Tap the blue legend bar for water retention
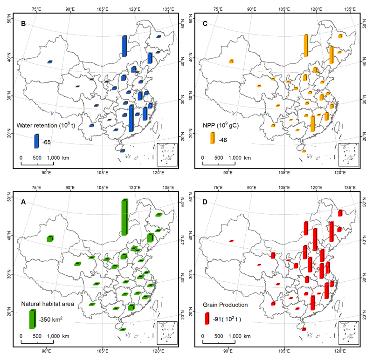(x=36, y=141)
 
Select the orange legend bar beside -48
(x=212, y=138)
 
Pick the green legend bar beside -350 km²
(x=32, y=319)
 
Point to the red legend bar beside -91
(x=207, y=319)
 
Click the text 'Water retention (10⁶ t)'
(x=43, y=125)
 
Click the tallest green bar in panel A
(x=124, y=217)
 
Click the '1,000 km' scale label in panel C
(x=240, y=158)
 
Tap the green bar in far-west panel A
(x=50, y=238)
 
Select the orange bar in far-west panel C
(x=231, y=61)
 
